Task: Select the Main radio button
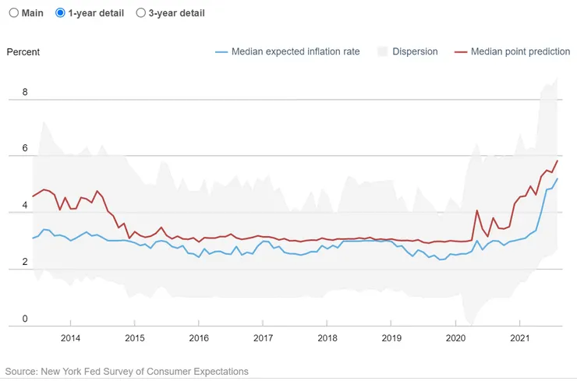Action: pos(13,13)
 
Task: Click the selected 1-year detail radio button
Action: pos(61,13)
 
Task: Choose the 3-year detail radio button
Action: pos(141,13)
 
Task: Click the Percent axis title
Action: pos(23,52)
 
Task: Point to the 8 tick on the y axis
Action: pos(25,92)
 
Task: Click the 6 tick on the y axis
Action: pos(25,148)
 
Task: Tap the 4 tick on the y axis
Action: pos(25,205)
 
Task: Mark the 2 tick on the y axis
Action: pos(25,262)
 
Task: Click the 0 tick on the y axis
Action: pos(25,319)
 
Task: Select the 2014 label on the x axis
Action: pos(70,338)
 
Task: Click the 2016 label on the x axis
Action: pos(199,338)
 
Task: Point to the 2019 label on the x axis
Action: pos(391,338)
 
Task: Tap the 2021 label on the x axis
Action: pos(521,338)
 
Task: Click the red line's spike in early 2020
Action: pos(476,210)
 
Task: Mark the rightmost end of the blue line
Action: pos(558,179)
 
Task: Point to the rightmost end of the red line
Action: pos(558,161)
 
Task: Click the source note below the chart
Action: pos(126,372)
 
